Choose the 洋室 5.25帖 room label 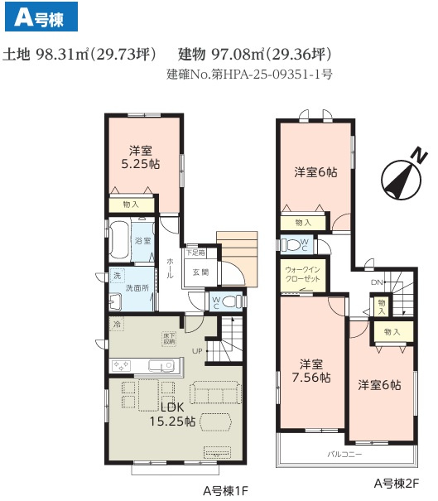click(x=140, y=157)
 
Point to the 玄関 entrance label click(x=201, y=272)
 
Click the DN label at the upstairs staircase click(x=376, y=282)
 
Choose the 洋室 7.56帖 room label click(x=310, y=370)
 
